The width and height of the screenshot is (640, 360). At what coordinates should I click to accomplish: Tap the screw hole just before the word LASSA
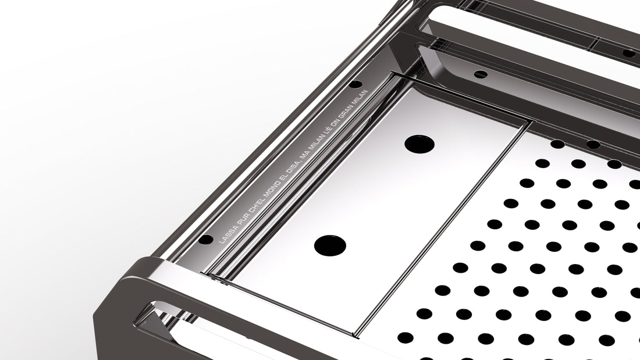click(x=206, y=239)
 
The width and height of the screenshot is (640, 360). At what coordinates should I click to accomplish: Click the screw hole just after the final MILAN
click(x=355, y=84)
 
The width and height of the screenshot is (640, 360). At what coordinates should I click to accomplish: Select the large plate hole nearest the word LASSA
click(x=330, y=245)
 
